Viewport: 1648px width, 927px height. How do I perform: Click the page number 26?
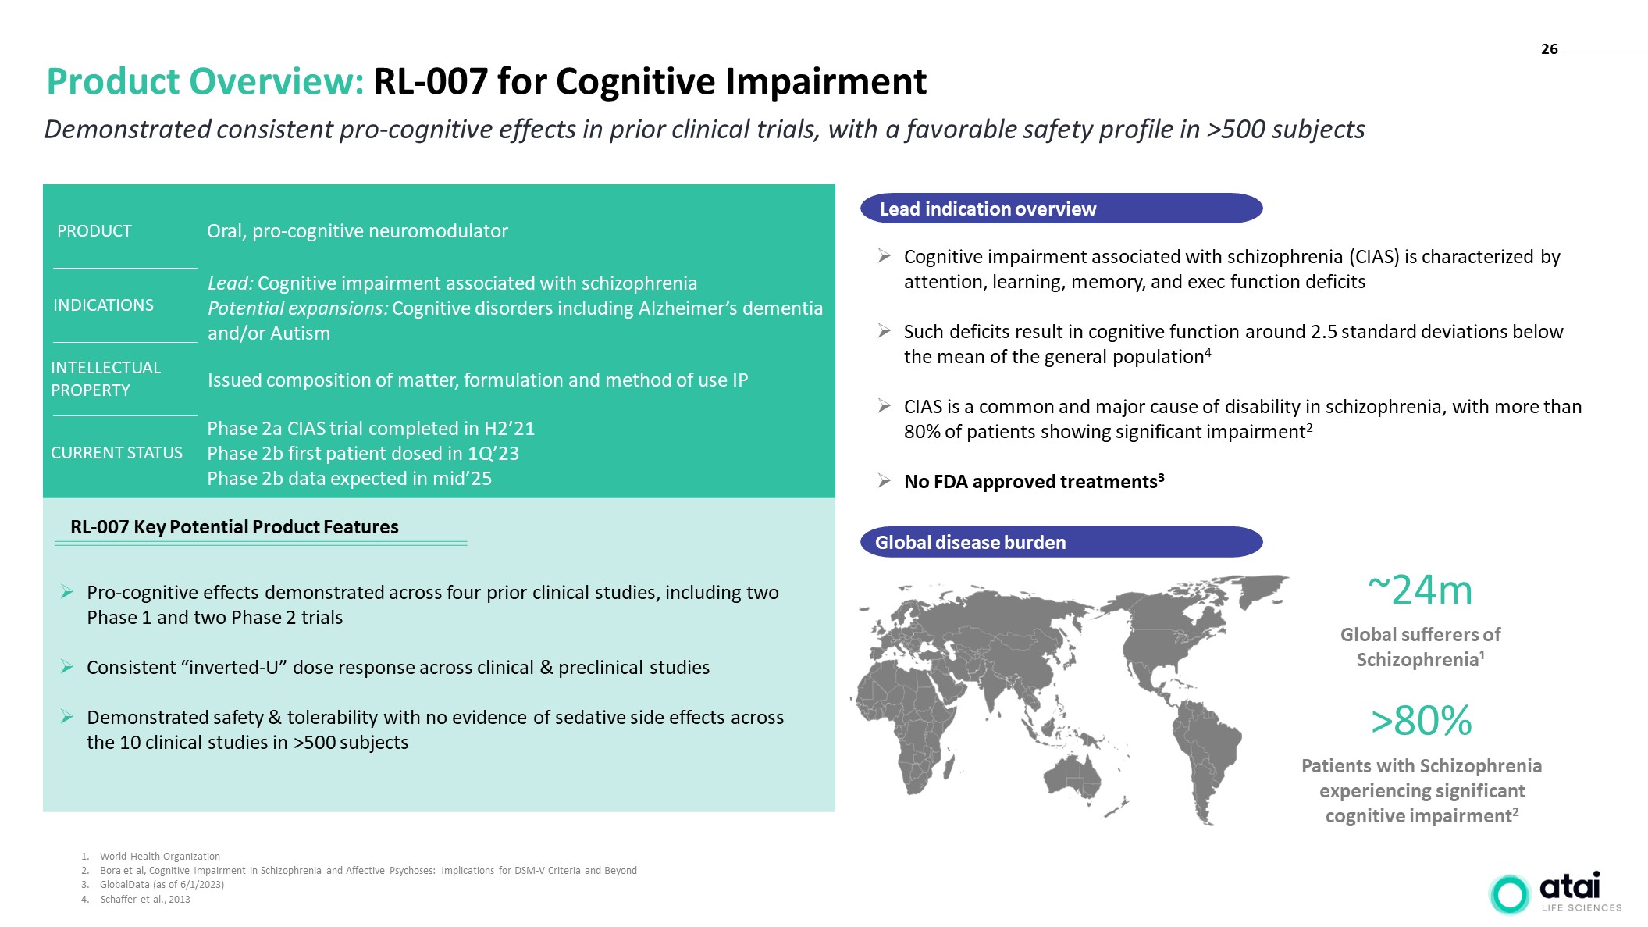pos(1549,49)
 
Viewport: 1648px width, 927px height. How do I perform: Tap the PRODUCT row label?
pos(94,231)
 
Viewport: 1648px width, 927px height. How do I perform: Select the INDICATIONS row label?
pos(103,305)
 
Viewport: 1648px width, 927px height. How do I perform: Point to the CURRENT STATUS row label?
pos(116,453)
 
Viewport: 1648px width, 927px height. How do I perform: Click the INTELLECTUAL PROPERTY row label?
pos(105,379)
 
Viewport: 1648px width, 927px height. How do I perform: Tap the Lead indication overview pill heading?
pos(1061,209)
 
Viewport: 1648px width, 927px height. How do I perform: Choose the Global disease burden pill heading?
pos(1061,542)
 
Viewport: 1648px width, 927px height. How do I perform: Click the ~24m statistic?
pos(1420,590)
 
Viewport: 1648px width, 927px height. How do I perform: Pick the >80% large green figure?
pos(1422,720)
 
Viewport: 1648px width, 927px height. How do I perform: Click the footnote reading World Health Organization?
pos(160,857)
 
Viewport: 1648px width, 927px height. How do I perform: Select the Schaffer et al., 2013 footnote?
pos(145,900)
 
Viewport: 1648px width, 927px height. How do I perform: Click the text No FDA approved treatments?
pos(1030,482)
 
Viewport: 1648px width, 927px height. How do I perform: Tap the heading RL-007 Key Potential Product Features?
pos(234,527)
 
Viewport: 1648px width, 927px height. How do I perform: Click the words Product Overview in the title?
pos(205,81)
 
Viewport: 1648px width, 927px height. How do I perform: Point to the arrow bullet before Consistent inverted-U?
pos(67,667)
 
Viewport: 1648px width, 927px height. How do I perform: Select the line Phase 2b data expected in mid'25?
pos(349,479)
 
